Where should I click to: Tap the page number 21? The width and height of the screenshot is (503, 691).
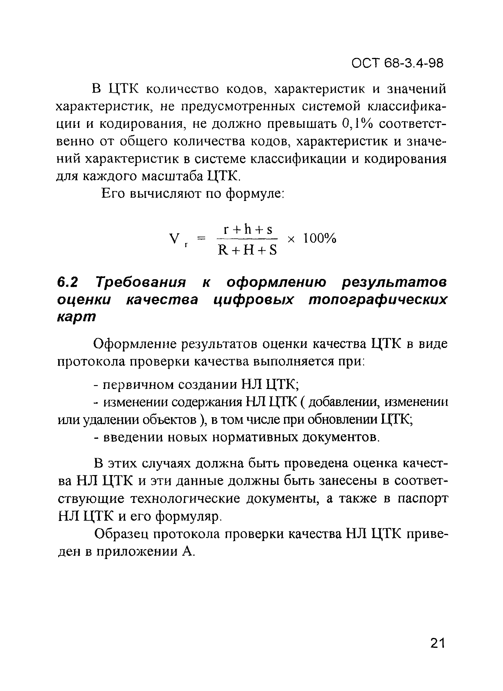point(438,643)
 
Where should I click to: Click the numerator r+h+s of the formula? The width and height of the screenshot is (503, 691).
point(248,229)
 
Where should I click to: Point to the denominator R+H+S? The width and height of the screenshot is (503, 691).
point(247,250)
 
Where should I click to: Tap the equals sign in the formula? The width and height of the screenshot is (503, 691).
point(201,238)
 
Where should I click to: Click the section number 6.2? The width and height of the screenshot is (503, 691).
point(67,283)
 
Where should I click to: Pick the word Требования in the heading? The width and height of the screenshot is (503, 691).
point(141,283)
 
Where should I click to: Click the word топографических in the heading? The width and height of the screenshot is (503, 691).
point(378,300)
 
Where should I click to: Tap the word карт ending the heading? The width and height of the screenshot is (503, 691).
point(77,317)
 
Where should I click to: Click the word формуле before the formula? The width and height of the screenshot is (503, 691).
point(255,193)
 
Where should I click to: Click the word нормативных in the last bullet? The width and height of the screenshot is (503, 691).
point(255,438)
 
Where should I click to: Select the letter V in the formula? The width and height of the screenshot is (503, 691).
point(174,238)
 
